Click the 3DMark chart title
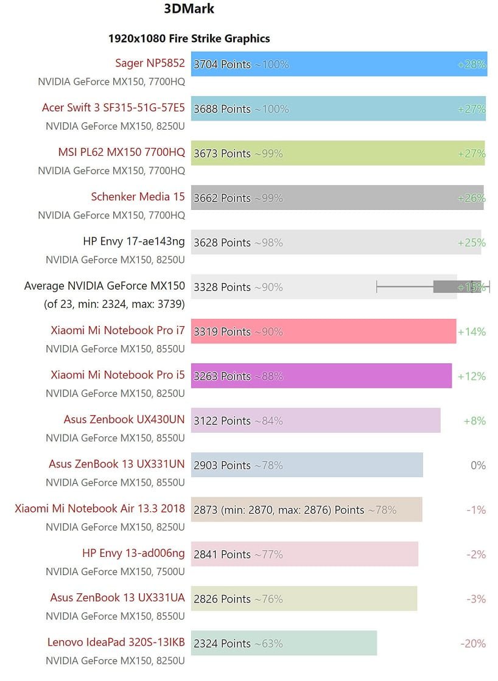point(189,9)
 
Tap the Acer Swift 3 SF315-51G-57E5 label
point(113,108)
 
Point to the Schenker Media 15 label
point(138,197)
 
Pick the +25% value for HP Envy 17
point(471,242)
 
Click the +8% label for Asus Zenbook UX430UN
point(474,421)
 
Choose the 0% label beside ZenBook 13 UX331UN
point(478,466)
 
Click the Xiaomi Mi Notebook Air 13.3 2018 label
point(100,509)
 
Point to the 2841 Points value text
point(222,554)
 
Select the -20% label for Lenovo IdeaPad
point(473,644)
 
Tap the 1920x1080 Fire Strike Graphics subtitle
point(189,38)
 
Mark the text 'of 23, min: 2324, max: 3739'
point(114,304)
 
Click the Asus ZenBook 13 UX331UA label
point(117,598)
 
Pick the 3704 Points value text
point(222,65)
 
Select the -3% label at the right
point(475,599)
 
